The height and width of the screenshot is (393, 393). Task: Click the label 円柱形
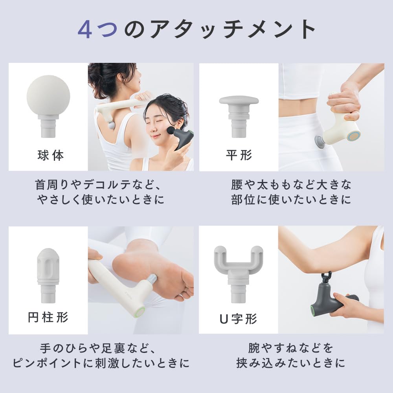pyautogui.click(x=48, y=317)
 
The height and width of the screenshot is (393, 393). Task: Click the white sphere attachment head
pyautogui.click(x=48, y=94)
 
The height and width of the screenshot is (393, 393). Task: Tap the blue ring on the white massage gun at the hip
pyautogui.click(x=354, y=136)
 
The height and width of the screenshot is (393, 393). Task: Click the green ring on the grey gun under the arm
pyautogui.click(x=314, y=310)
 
